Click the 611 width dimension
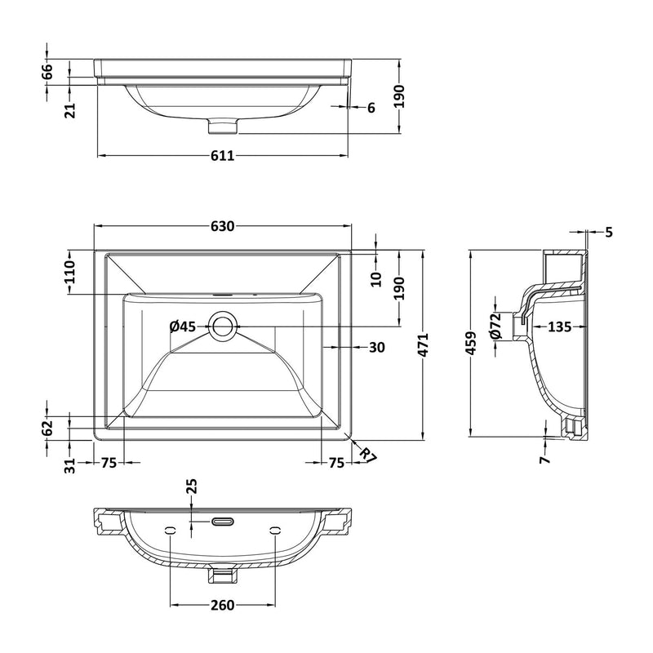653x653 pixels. (223, 156)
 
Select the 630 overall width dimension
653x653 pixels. (223, 226)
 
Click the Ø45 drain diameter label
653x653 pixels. (183, 327)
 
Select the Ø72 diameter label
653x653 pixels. (495, 326)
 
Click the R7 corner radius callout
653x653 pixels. (366, 455)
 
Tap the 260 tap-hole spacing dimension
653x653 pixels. (223, 605)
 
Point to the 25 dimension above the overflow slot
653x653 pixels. (192, 488)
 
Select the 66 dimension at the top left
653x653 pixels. (47, 71)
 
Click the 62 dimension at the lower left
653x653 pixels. (47, 425)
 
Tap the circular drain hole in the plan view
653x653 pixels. (223, 327)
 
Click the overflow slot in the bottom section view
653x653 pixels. (223, 520)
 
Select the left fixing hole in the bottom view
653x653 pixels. (170, 531)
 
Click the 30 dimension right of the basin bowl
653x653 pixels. (376, 347)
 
